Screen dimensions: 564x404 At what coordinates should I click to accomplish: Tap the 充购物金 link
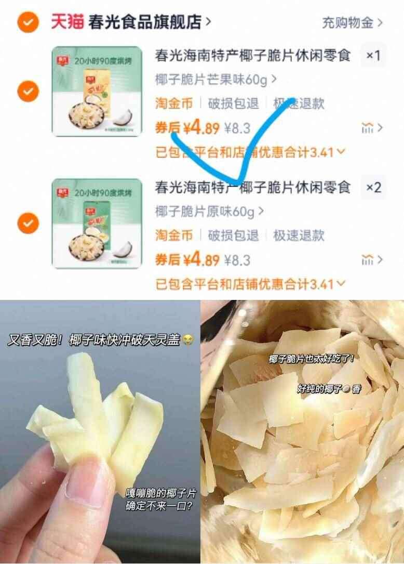[352, 22]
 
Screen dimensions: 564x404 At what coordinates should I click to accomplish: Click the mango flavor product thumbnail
[97, 91]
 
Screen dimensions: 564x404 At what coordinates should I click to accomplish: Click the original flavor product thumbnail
[97, 223]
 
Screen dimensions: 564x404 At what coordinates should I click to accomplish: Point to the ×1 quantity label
[373, 55]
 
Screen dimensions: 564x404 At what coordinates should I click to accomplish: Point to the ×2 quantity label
[373, 187]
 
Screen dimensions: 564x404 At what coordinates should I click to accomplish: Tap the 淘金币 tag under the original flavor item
[174, 235]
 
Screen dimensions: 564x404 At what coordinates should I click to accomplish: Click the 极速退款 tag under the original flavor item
[299, 235]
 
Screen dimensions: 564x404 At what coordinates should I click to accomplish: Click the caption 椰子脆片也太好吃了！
[312, 359]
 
